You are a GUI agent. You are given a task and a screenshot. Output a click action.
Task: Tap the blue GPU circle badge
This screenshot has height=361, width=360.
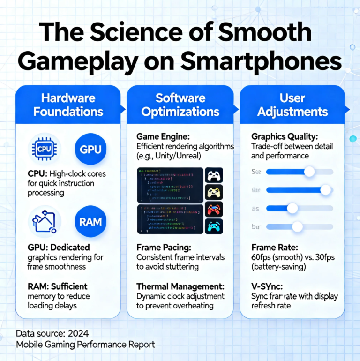(x=90, y=149)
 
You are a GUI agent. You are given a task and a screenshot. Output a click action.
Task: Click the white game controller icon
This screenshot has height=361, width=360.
(x=214, y=176)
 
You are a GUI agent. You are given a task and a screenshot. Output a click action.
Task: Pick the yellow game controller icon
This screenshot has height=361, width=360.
(x=214, y=192)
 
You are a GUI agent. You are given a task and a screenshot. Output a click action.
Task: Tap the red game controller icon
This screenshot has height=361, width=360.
(x=214, y=209)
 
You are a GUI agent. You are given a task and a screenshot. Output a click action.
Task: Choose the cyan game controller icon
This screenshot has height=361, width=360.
(x=214, y=226)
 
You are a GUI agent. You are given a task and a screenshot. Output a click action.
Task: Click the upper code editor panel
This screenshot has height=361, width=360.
(x=170, y=185)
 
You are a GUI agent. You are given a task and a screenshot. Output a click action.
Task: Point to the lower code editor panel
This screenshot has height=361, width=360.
(x=170, y=218)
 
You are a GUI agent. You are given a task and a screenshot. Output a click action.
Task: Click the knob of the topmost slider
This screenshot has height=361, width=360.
(x=309, y=172)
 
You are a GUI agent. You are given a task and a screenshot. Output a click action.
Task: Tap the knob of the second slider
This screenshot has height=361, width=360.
(x=326, y=190)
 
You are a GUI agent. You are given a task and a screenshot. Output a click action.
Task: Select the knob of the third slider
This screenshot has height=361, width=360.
(x=292, y=208)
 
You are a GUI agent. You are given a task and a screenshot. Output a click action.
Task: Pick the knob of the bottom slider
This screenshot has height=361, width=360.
(x=297, y=227)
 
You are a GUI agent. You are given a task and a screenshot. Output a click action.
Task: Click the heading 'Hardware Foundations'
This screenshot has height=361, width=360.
(x=69, y=105)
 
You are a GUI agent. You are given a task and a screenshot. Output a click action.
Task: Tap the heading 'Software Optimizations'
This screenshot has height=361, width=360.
(x=180, y=105)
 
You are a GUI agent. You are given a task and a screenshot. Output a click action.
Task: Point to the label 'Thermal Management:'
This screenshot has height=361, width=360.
(x=180, y=286)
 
